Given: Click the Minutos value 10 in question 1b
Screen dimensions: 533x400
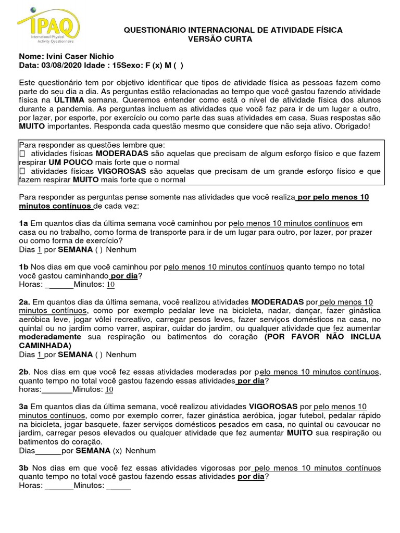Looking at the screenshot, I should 110,285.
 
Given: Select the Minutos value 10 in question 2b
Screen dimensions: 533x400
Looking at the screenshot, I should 109,389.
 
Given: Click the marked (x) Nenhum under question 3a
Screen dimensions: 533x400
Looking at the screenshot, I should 117,450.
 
